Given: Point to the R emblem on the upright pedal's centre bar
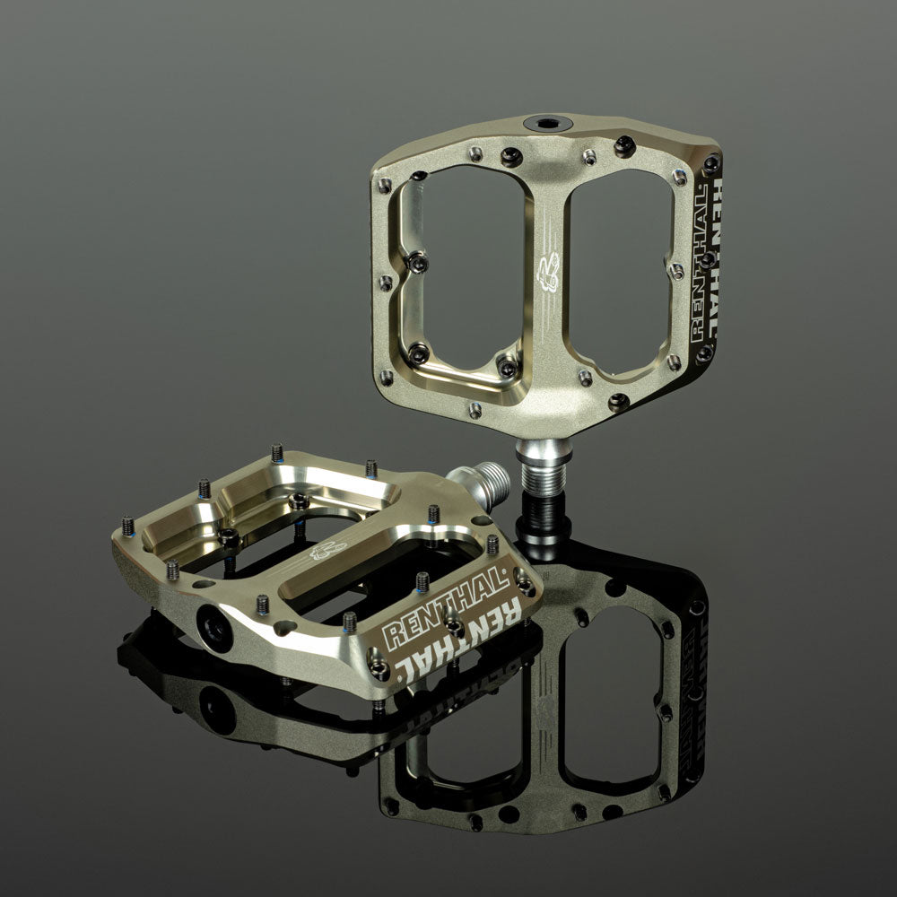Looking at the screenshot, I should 545,274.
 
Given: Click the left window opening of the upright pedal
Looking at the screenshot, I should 457,269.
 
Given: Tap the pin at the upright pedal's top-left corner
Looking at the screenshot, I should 386,183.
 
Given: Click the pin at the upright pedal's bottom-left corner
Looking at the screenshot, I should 386,377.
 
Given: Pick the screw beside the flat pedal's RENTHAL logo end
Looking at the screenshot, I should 525,588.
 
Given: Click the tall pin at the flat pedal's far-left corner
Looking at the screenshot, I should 127,524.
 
